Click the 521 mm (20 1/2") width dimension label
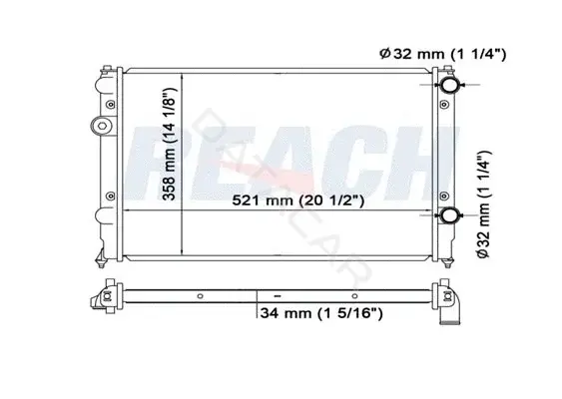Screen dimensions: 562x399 tap(297, 200)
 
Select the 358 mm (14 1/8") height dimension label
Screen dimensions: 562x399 tap(169, 144)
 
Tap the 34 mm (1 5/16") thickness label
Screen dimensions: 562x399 tap(321, 313)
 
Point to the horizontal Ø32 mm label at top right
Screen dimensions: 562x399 tap(442, 54)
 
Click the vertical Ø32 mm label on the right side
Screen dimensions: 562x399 tap(483, 204)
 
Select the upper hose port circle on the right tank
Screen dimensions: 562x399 tap(449, 85)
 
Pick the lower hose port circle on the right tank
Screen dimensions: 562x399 tap(449, 215)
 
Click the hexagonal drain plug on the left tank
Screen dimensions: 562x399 tap(101, 126)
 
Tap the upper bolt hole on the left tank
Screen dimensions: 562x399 tap(111, 105)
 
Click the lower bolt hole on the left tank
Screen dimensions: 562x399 tap(111, 197)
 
